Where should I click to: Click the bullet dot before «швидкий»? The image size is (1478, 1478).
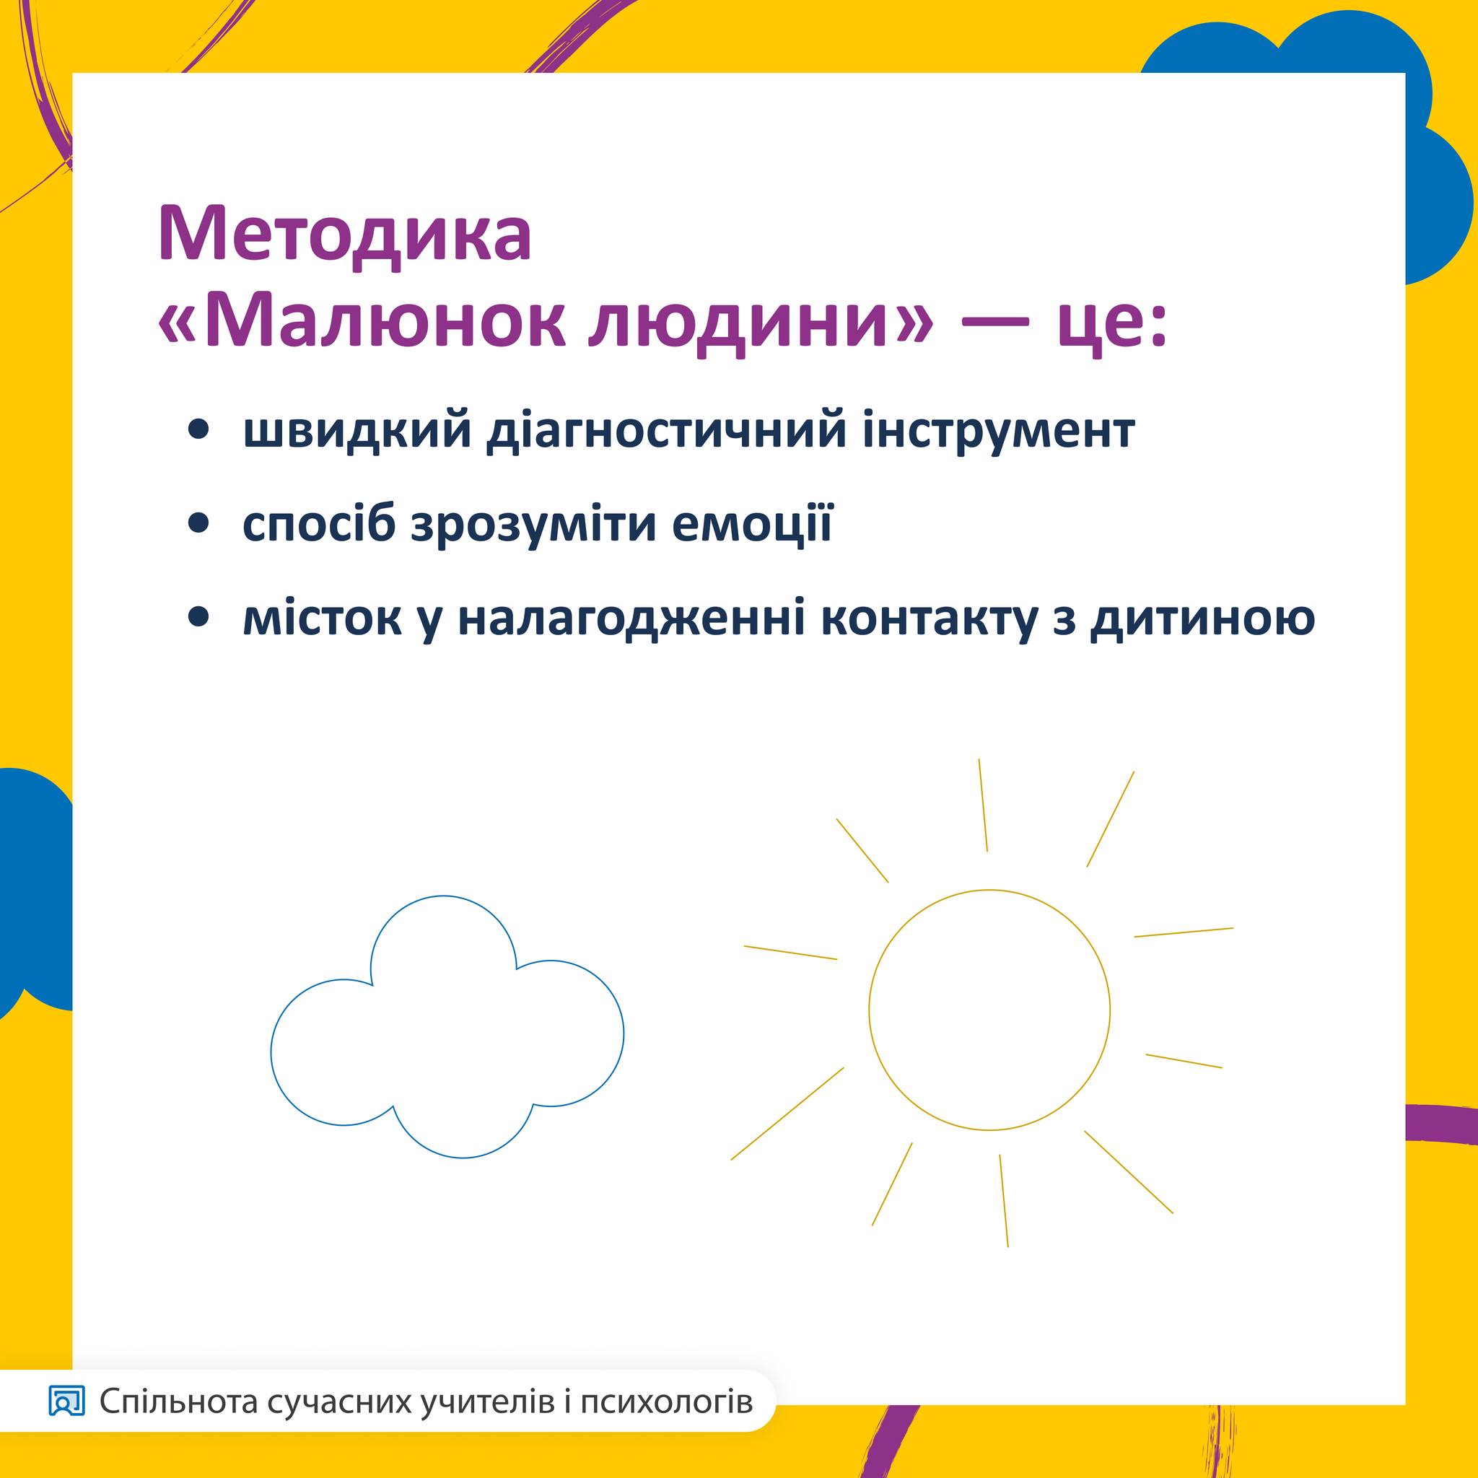pos(198,432)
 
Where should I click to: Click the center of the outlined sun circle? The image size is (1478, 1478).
pos(989,1010)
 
